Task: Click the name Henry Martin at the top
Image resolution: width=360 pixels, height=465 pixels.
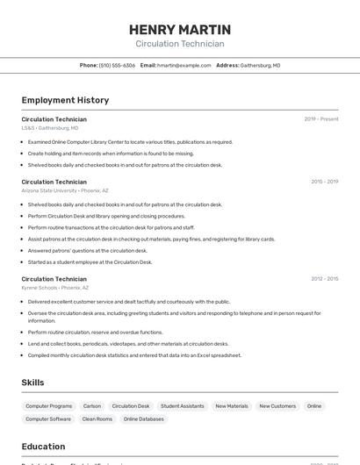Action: tap(180, 29)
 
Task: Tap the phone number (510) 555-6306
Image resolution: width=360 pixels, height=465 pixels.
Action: tap(117, 65)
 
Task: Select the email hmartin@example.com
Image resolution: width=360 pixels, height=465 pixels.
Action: tap(184, 65)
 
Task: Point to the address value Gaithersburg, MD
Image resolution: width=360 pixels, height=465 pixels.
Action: tap(260, 65)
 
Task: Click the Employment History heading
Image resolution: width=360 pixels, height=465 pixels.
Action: tap(65, 100)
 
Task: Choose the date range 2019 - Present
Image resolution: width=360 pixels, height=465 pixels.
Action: tap(321, 118)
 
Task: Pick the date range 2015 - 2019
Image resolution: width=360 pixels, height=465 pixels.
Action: tap(324, 182)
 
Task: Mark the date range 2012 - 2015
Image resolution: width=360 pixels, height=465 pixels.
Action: tap(324, 278)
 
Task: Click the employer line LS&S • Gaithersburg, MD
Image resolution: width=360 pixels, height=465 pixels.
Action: tap(50, 128)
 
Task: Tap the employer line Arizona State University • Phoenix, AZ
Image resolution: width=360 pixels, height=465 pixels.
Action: tap(65, 190)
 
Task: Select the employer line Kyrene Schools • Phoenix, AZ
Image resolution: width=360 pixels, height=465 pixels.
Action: tap(55, 288)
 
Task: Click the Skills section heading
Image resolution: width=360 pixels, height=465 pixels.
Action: tap(32, 383)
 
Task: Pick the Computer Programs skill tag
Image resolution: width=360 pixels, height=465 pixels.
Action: tap(49, 406)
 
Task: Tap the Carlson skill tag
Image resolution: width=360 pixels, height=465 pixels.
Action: tap(92, 406)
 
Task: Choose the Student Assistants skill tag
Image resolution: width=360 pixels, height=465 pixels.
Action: tap(183, 406)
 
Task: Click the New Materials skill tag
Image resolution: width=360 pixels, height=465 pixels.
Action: tap(232, 406)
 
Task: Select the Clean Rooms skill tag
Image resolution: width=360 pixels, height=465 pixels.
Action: tap(97, 419)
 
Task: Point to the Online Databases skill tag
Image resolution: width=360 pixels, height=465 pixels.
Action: tap(144, 419)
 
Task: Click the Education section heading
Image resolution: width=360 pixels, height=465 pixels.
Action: tap(43, 446)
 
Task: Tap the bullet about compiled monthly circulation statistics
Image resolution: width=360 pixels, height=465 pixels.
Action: tap(134, 355)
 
